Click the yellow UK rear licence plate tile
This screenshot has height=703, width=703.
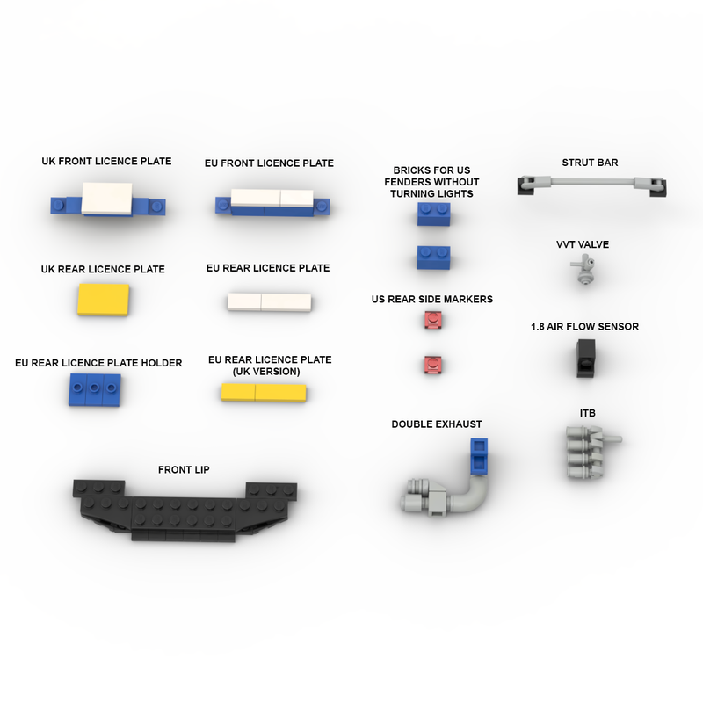tap(104, 300)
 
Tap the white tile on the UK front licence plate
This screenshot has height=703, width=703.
tap(106, 199)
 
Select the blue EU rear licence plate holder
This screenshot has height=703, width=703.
tap(95, 390)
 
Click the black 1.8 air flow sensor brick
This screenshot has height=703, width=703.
tap(585, 358)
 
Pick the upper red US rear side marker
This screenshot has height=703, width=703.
tap(432, 320)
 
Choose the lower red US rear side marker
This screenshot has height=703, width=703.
tap(432, 365)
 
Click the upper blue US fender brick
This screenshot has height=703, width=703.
tap(433, 214)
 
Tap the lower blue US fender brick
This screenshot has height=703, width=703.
tap(433, 257)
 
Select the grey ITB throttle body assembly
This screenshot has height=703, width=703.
tap(588, 452)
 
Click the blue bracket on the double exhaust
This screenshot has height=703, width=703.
tap(479, 456)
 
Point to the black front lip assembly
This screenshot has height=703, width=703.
tap(185, 511)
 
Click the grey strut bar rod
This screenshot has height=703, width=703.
tap(591, 182)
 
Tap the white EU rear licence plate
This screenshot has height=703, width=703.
tap(269, 301)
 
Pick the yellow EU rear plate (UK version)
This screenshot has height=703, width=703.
tap(264, 392)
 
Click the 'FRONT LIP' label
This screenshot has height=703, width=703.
tap(184, 469)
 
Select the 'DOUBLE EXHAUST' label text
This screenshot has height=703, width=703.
tap(437, 424)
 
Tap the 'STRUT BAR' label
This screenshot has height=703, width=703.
tap(590, 163)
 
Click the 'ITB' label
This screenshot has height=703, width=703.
tap(587, 413)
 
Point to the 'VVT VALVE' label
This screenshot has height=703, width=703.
tap(583, 244)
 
